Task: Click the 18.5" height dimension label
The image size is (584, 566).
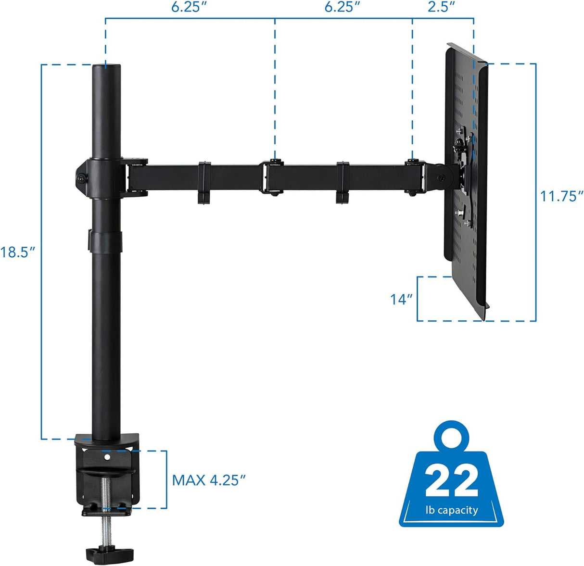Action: coord(18,252)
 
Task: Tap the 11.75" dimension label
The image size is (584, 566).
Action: coord(561,196)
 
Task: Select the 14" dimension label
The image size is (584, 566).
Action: coord(401,299)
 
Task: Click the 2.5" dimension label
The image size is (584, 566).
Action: coord(441,7)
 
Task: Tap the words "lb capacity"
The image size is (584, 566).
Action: coord(451,510)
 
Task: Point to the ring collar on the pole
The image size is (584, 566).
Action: coord(105,241)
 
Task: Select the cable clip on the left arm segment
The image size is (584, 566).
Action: coord(204,183)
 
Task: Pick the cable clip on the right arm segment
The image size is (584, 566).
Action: coord(343,183)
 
